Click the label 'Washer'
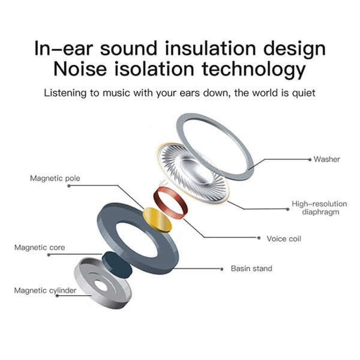pyautogui.click(x=326, y=160)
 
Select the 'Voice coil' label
pyautogui.click(x=284, y=239)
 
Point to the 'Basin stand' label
pyautogui.click(x=251, y=268)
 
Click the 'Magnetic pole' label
pyautogui.click(x=55, y=178)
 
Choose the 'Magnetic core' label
pyautogui.click(x=40, y=247)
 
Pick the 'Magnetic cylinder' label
pyautogui.click(x=46, y=290)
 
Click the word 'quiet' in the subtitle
pyautogui.click(x=302, y=94)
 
